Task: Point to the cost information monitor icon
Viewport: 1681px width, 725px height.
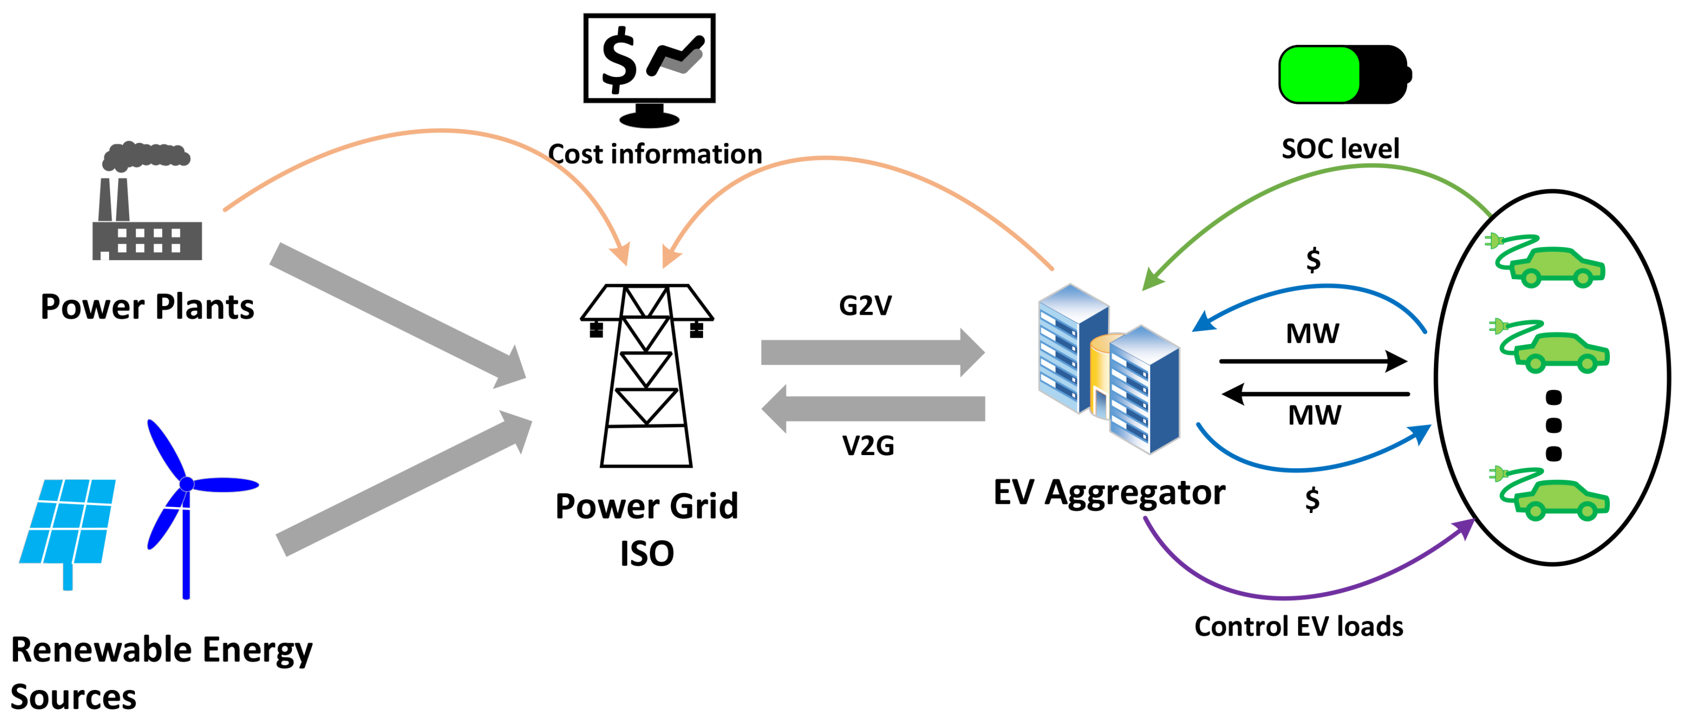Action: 649,69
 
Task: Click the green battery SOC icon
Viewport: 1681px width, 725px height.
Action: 1344,75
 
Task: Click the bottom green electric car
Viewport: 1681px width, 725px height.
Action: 1560,499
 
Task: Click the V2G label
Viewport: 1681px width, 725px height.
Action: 868,446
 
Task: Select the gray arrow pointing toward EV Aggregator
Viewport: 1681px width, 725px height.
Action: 871,352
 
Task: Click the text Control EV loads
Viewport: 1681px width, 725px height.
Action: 1299,627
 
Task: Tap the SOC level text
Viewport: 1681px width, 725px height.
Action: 1340,149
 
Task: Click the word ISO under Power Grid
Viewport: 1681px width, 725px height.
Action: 647,554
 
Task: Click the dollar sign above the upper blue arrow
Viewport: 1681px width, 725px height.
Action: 1313,260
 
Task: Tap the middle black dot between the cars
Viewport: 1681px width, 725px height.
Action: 1554,425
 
